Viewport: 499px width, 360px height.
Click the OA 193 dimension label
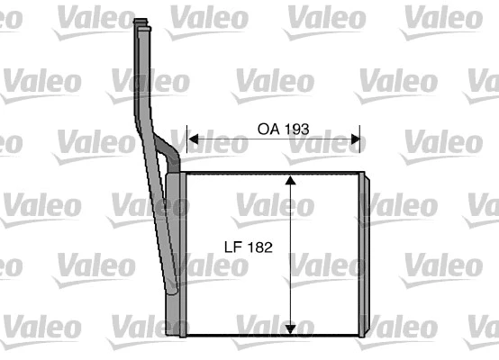[283, 129]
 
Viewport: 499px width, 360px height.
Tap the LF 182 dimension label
[248, 245]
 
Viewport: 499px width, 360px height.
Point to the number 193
[296, 129]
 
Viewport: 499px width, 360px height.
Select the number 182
[259, 245]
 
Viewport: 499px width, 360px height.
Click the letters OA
[268, 129]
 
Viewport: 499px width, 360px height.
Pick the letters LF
[232, 245]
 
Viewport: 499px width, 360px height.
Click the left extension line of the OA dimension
[186, 148]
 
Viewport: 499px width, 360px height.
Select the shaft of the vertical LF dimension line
[290, 270]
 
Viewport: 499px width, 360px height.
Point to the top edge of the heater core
[270, 173]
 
